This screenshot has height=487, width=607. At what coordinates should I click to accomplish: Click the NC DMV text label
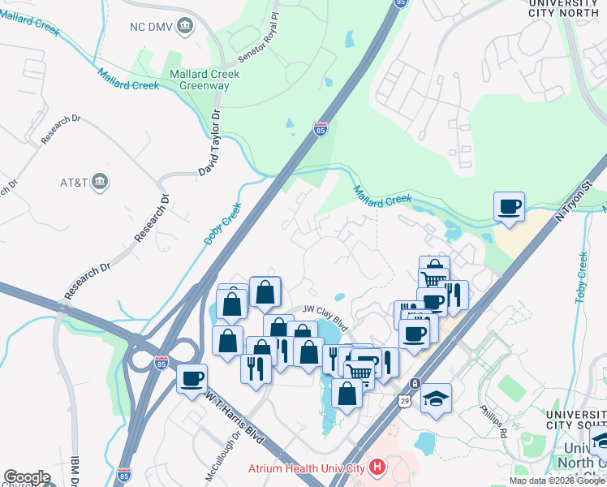tap(150, 26)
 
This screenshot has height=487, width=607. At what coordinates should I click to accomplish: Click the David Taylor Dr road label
tap(210, 144)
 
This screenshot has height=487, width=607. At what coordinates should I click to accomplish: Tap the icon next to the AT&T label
tap(101, 180)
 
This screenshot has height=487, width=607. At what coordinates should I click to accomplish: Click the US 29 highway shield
tap(404, 400)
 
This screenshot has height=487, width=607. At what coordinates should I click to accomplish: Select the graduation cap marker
tap(437, 398)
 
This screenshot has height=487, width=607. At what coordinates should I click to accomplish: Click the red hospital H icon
tap(377, 468)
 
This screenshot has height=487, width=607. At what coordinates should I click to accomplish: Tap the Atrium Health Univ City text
tap(307, 468)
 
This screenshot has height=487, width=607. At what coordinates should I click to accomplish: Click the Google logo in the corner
tap(27, 477)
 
